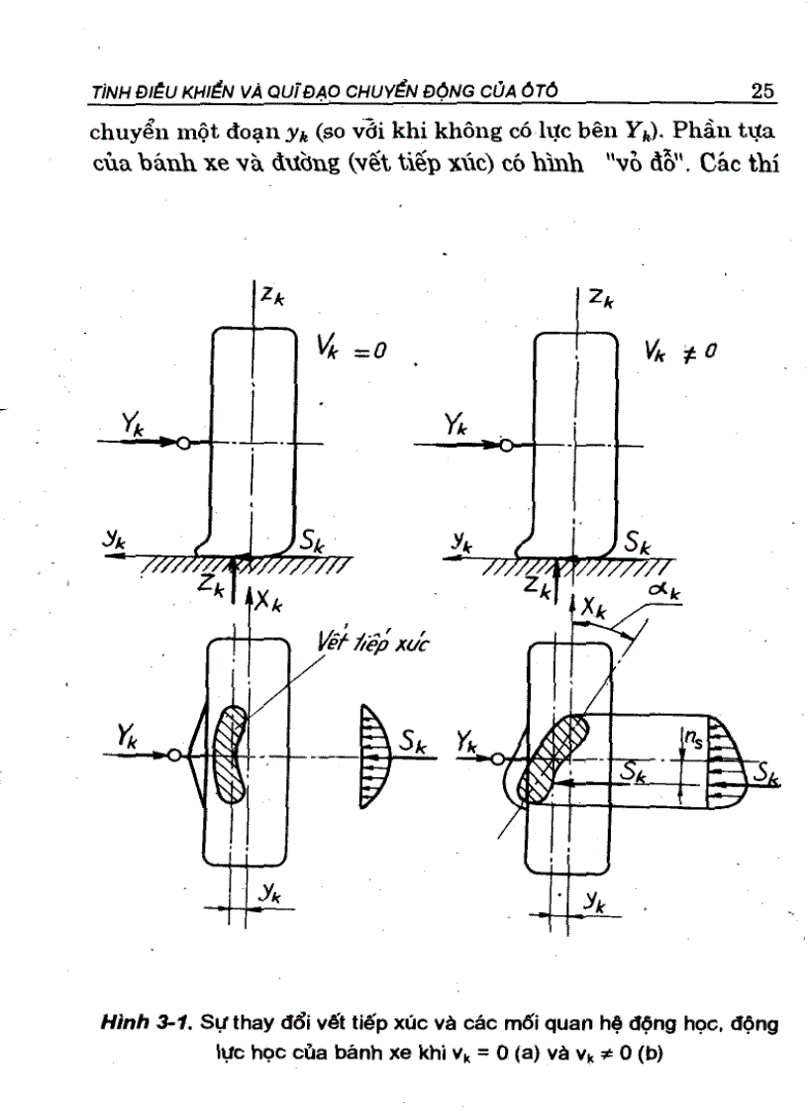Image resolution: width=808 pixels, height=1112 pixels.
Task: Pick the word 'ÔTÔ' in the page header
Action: [539, 92]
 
